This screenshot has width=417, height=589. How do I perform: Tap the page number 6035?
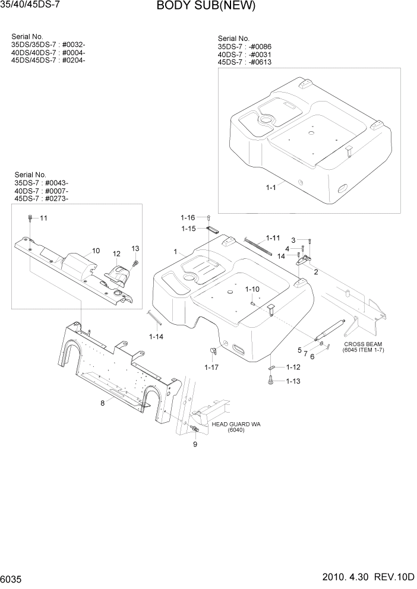coord(13,578)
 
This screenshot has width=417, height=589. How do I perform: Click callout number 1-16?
coord(188,218)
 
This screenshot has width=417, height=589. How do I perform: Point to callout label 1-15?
coord(188,228)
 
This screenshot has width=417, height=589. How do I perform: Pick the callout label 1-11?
coord(273,237)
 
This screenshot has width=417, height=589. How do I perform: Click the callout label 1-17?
coord(211,368)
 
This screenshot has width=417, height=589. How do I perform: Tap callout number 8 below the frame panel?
coord(102,403)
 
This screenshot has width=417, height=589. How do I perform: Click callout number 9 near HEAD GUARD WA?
coord(195,444)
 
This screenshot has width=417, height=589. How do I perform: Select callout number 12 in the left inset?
coord(116,254)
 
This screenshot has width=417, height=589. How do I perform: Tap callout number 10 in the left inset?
coord(96,251)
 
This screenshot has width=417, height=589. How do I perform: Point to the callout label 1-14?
coord(156,337)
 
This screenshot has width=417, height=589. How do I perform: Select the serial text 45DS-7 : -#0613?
coord(245,62)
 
